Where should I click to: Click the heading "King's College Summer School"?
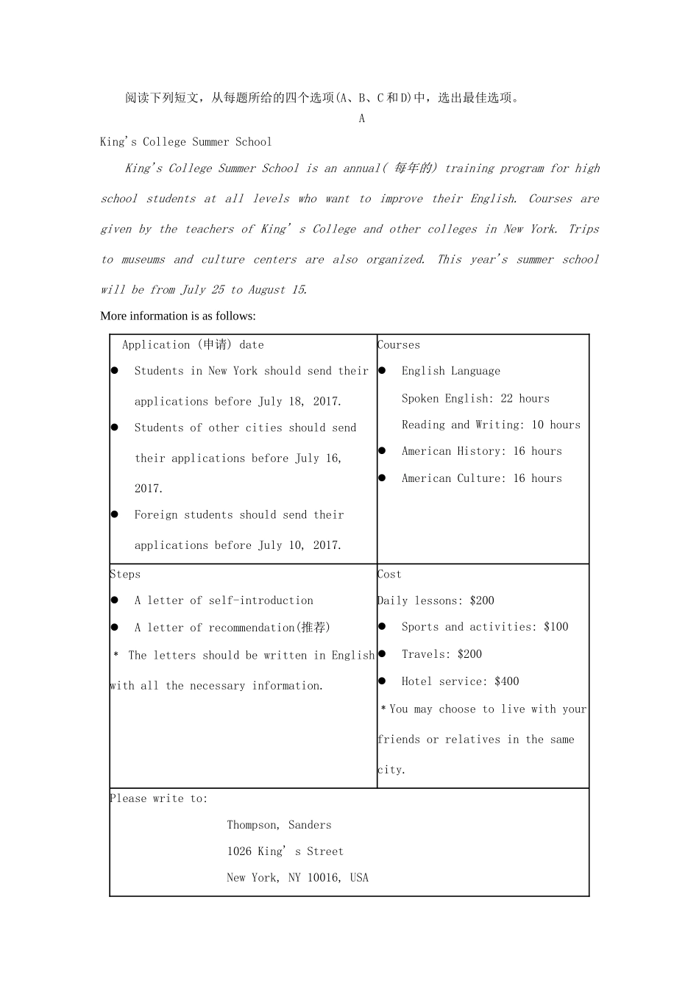[x=185, y=141]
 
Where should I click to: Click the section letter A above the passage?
[x=361, y=118]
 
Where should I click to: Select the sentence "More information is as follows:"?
[x=178, y=316]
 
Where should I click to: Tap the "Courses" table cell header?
[x=399, y=344]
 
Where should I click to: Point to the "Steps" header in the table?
[x=125, y=574]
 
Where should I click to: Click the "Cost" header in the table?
[x=390, y=574]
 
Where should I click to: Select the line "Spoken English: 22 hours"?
[x=475, y=398]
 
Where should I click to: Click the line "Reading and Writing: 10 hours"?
[x=491, y=425]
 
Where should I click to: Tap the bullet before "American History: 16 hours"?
[x=382, y=450]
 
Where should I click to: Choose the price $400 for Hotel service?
[x=507, y=681]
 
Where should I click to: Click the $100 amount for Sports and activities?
[x=556, y=627]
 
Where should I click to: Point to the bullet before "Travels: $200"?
[x=382, y=653]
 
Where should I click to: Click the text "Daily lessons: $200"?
[x=436, y=600]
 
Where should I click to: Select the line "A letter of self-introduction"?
[x=224, y=600]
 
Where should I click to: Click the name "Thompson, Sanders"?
[x=279, y=825]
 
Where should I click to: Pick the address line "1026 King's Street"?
[x=285, y=851]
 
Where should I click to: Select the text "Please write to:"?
[x=159, y=798]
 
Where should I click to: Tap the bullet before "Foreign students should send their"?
[x=115, y=514]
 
